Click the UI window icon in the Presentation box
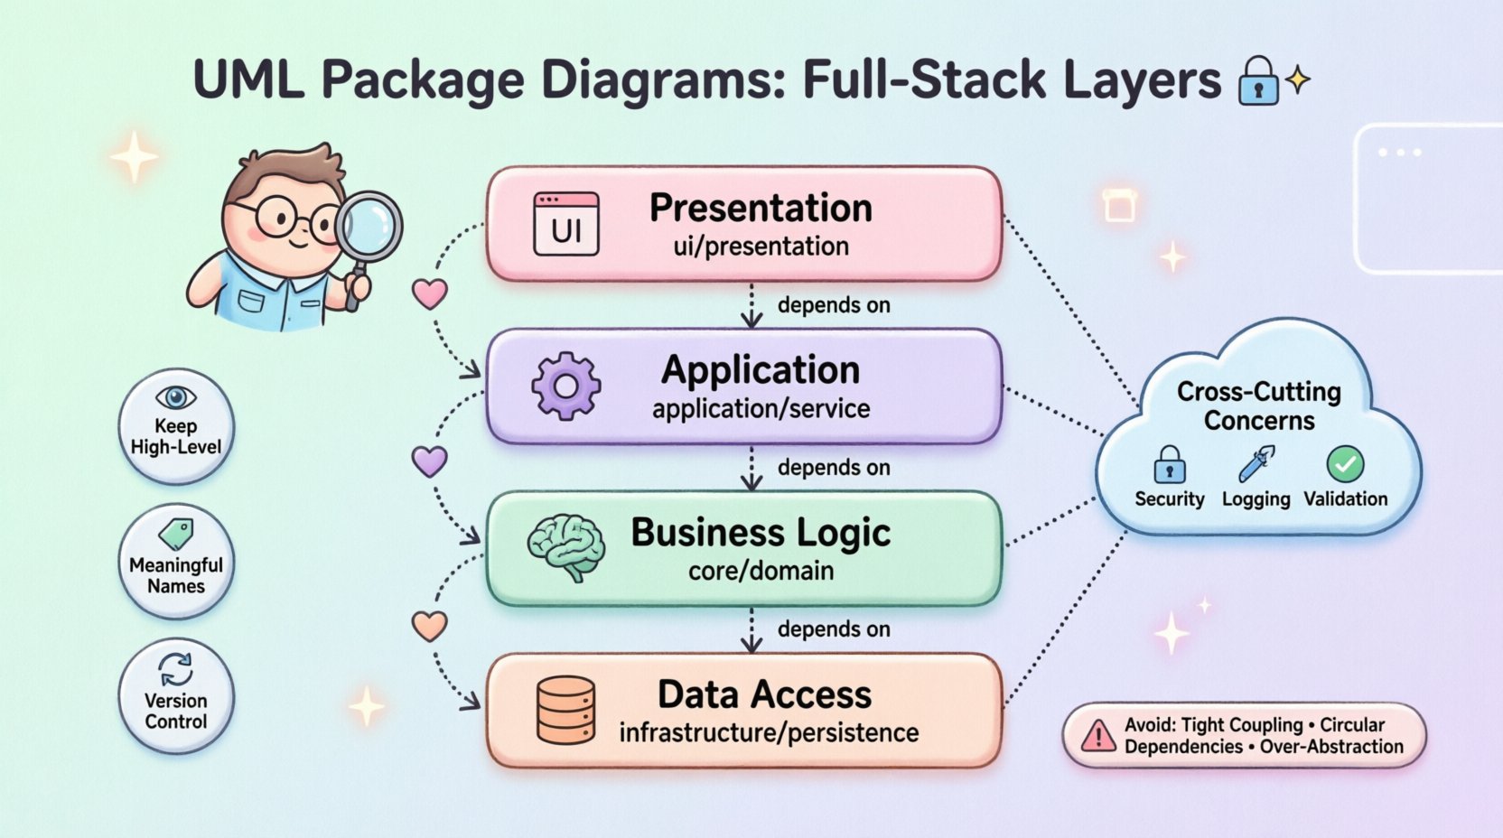pyautogui.click(x=566, y=224)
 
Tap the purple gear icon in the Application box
pyautogui.click(x=566, y=386)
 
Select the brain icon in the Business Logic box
pyautogui.click(x=565, y=547)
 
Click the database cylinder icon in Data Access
pyautogui.click(x=566, y=710)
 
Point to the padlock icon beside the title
pyautogui.click(x=1258, y=82)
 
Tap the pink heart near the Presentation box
pyautogui.click(x=430, y=293)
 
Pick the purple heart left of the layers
pyautogui.click(x=430, y=461)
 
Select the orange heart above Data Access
pyautogui.click(x=430, y=626)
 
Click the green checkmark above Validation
pyautogui.click(x=1345, y=464)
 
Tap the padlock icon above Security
pyautogui.click(x=1170, y=465)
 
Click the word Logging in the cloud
pyautogui.click(x=1256, y=499)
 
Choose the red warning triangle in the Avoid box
pyautogui.click(x=1098, y=735)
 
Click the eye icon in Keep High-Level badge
pyautogui.click(x=176, y=397)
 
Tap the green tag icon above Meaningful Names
pyautogui.click(x=176, y=534)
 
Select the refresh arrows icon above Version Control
pyautogui.click(x=176, y=670)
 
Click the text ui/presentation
pyautogui.click(x=761, y=247)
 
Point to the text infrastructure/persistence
pyautogui.click(x=769, y=732)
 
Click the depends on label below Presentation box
pyautogui.click(x=834, y=305)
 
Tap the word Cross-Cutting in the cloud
pyautogui.click(x=1258, y=392)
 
